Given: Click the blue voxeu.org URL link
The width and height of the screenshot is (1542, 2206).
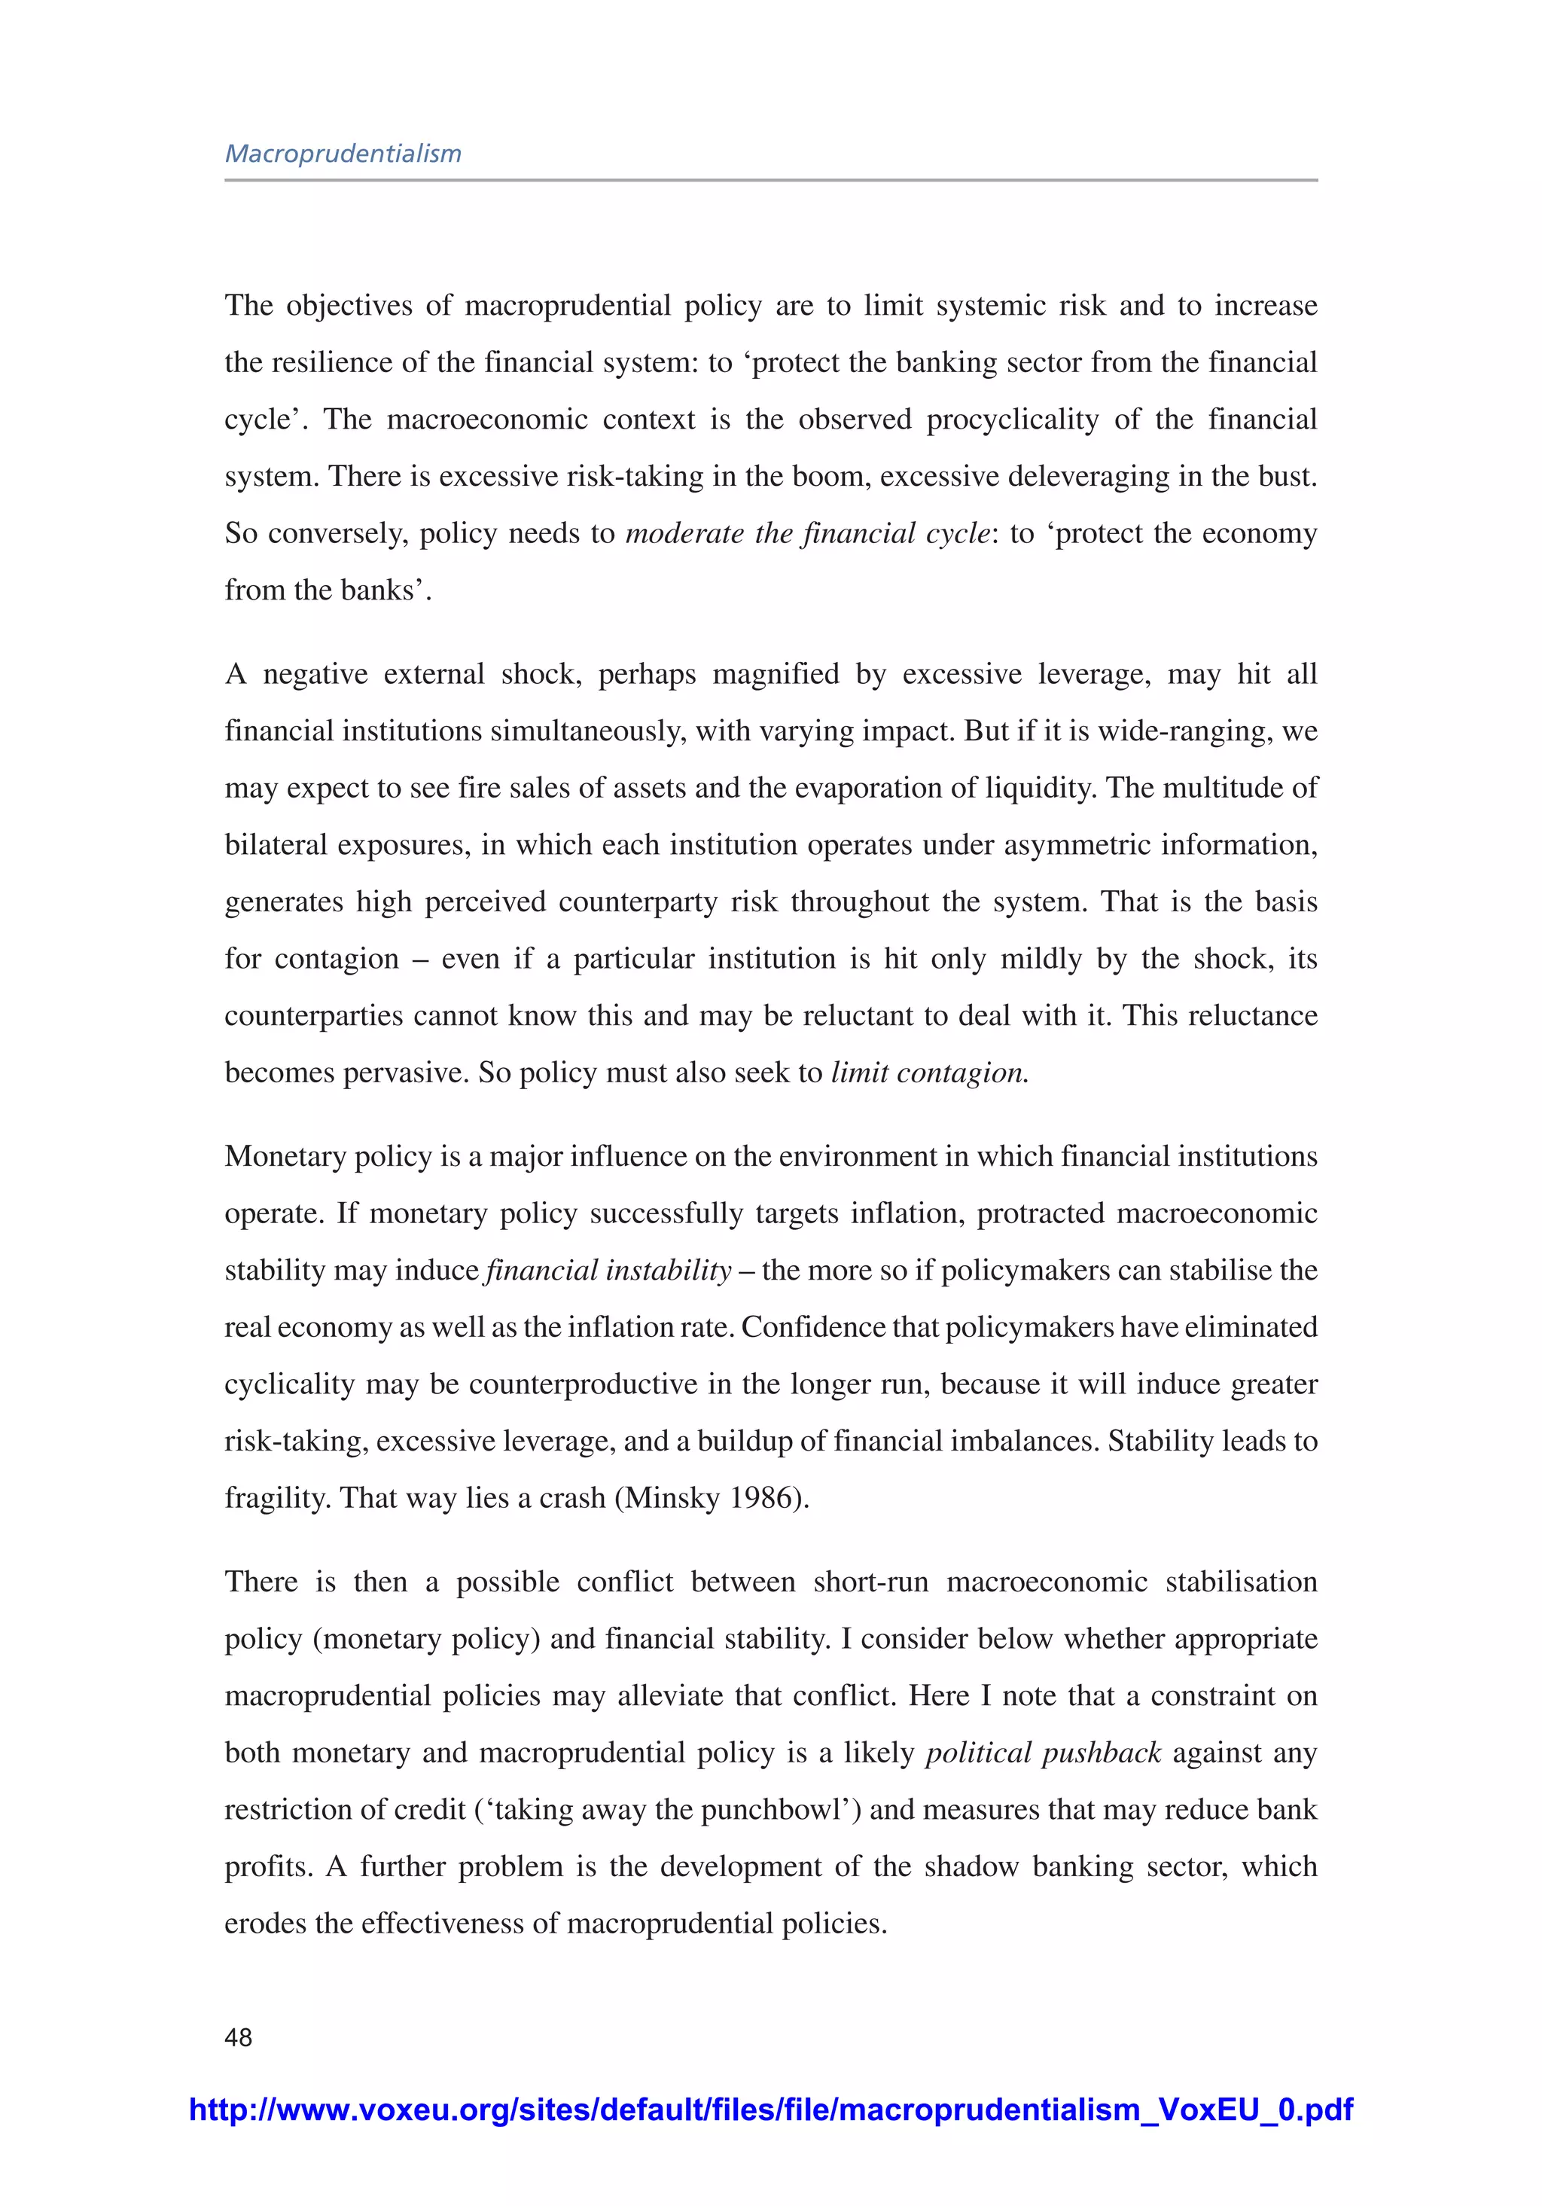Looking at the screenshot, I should pos(770,2110).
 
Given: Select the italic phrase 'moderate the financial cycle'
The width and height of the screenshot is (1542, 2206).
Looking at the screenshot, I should pos(807,533).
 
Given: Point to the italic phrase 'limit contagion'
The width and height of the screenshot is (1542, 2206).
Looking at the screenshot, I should pos(928,1072).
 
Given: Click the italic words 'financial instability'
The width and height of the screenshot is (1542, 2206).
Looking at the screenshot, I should pos(609,1270).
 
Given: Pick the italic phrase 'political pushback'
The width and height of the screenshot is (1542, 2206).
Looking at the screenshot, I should pos(1044,1753).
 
